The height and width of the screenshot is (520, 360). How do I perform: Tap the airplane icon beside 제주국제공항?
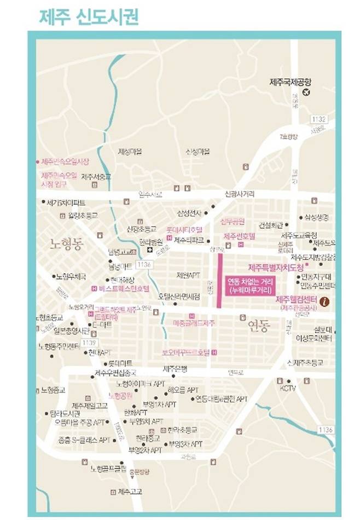(x=306, y=91)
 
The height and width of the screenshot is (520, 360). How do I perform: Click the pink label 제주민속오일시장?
(x=65, y=162)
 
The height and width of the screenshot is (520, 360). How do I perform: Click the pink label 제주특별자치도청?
(x=276, y=268)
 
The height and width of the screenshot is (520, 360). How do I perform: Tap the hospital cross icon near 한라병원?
(x=149, y=250)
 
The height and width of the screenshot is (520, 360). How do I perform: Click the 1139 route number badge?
(x=74, y=342)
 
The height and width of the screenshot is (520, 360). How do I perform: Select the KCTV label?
(x=288, y=388)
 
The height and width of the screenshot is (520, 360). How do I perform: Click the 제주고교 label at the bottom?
(x=129, y=491)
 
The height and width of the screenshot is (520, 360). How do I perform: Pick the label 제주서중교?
(x=96, y=176)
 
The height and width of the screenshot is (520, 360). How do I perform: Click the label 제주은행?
(x=175, y=368)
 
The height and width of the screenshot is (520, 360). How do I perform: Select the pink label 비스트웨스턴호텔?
(x=123, y=288)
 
